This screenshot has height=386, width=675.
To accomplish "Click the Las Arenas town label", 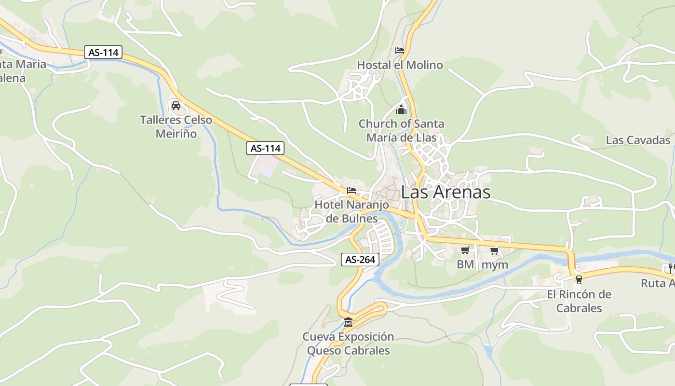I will click(445, 192).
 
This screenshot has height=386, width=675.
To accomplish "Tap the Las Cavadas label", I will click(638, 140).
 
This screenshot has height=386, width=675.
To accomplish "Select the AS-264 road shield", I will click(360, 260).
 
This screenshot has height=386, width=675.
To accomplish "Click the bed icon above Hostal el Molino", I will click(399, 51).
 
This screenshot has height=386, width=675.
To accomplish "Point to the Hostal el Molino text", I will click(400, 65).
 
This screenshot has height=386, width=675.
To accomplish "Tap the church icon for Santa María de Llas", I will click(401, 110).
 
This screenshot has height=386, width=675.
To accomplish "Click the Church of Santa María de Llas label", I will click(401, 130).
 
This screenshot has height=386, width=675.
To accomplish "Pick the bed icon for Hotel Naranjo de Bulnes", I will click(351, 191).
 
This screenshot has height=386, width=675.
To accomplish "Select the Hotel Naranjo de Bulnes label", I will click(351, 211).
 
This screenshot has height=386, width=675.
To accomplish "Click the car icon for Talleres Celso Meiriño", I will click(176, 106).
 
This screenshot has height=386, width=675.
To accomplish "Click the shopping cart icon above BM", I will click(465, 250).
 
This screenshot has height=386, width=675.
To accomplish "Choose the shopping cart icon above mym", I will click(494, 250).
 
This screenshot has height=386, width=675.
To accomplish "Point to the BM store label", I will click(465, 264).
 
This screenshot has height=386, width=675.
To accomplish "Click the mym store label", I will click(495, 264).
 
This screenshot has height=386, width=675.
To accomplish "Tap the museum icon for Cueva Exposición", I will click(348, 322).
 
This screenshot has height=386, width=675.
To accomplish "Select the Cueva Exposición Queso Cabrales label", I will click(348, 343).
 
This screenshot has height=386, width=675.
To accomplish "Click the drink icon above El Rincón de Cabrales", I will click(579, 279).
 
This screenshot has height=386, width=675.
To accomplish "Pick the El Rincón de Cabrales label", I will click(579, 301).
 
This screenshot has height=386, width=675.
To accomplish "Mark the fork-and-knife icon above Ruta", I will click(670, 268).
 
